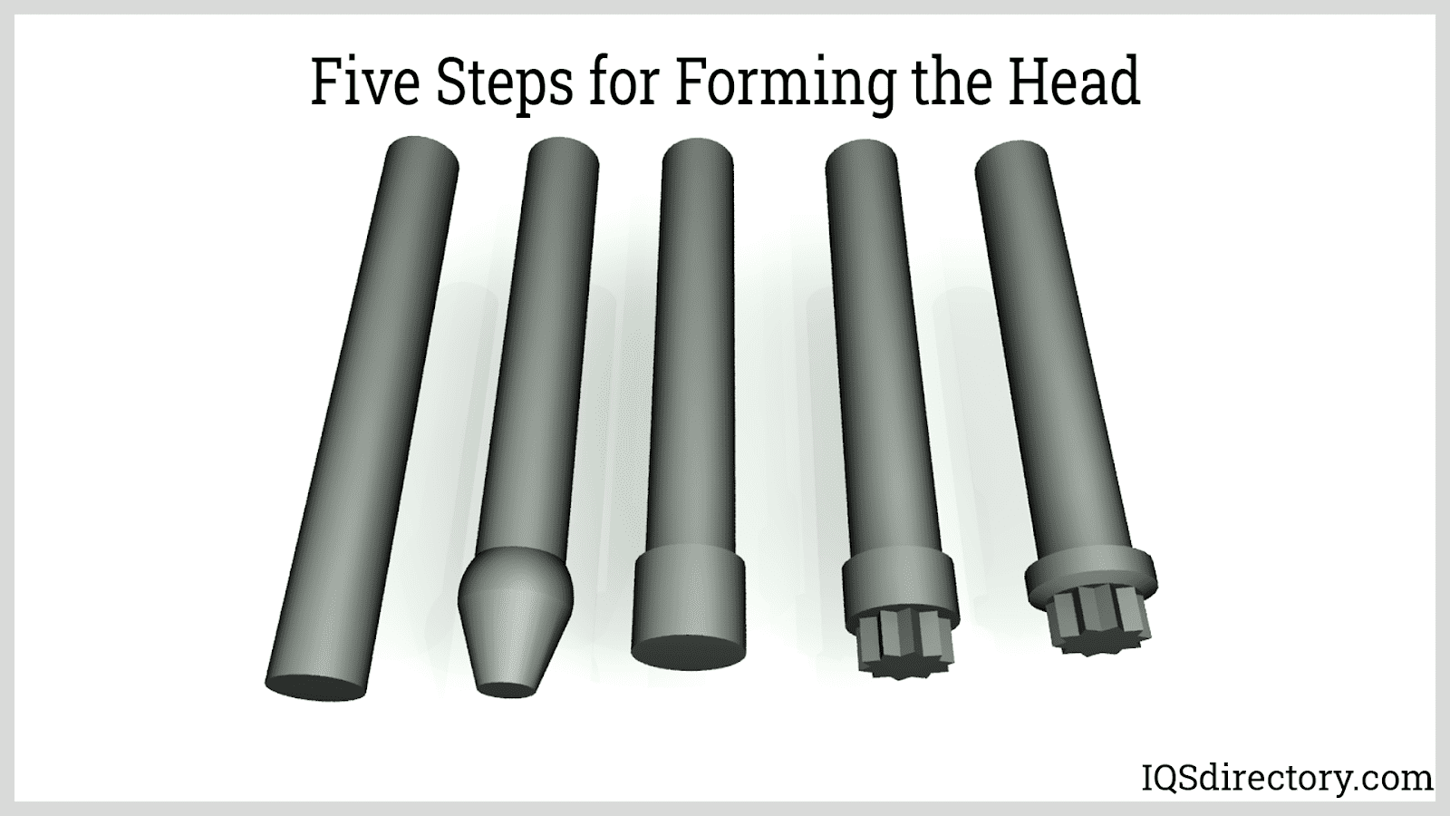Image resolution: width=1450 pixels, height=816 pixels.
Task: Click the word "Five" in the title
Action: [x=365, y=82]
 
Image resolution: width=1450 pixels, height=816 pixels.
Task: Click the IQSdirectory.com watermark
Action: [x=1286, y=779]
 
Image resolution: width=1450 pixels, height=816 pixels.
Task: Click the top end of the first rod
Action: [x=422, y=153]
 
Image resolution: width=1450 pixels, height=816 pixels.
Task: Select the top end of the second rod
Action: [x=563, y=153]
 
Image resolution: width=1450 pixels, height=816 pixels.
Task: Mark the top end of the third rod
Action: [x=698, y=154]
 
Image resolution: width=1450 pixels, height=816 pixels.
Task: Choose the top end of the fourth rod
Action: [x=861, y=155]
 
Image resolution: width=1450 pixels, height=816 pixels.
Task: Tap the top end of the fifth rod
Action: [x=1010, y=157]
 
